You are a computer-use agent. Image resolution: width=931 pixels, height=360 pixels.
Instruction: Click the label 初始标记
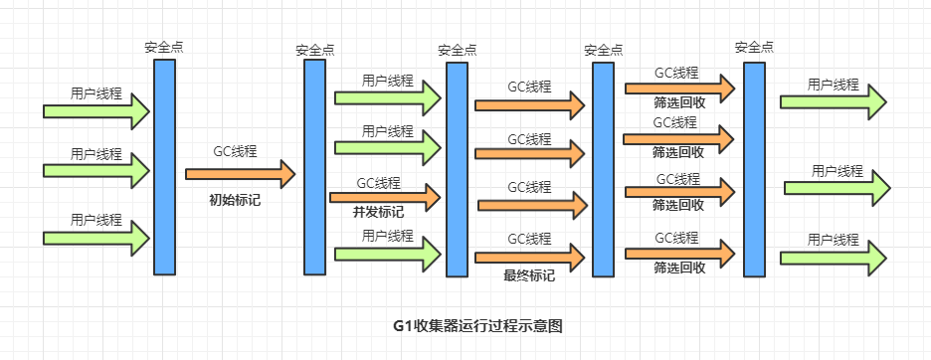[235, 200]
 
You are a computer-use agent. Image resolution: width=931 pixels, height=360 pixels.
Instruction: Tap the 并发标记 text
[378, 212]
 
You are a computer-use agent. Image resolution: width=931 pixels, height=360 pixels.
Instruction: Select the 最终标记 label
[529, 275]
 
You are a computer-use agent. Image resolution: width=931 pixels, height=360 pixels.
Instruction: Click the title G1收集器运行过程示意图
[477, 327]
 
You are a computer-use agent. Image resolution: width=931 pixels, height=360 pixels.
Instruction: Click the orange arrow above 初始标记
[241, 174]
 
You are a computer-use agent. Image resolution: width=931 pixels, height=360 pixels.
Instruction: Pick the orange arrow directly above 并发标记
[385, 197]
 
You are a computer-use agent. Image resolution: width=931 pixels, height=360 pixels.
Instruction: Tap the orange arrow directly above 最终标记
[530, 258]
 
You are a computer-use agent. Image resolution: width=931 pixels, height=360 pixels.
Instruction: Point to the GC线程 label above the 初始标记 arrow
[235, 151]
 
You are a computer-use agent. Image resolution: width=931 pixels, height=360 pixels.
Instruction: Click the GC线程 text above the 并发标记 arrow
[378, 183]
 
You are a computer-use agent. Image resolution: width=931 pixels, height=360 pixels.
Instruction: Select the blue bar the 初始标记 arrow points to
[314, 167]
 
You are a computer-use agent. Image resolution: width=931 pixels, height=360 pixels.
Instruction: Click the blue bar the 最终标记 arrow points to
[603, 169]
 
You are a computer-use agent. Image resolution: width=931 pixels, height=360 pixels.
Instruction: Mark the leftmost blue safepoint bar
[164, 167]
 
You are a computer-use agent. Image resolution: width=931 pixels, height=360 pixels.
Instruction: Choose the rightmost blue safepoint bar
[754, 169]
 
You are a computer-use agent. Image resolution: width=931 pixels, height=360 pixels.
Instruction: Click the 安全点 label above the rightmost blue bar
[754, 47]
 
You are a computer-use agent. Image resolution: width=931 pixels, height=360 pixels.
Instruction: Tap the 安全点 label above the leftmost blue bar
[164, 47]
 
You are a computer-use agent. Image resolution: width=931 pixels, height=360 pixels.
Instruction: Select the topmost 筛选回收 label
[679, 102]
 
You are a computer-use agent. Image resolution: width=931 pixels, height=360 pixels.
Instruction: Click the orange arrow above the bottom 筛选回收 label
[679, 254]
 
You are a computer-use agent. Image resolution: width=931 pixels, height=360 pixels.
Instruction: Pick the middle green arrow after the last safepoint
[838, 188]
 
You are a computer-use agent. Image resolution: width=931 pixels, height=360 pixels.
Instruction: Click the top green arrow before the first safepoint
[96, 111]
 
